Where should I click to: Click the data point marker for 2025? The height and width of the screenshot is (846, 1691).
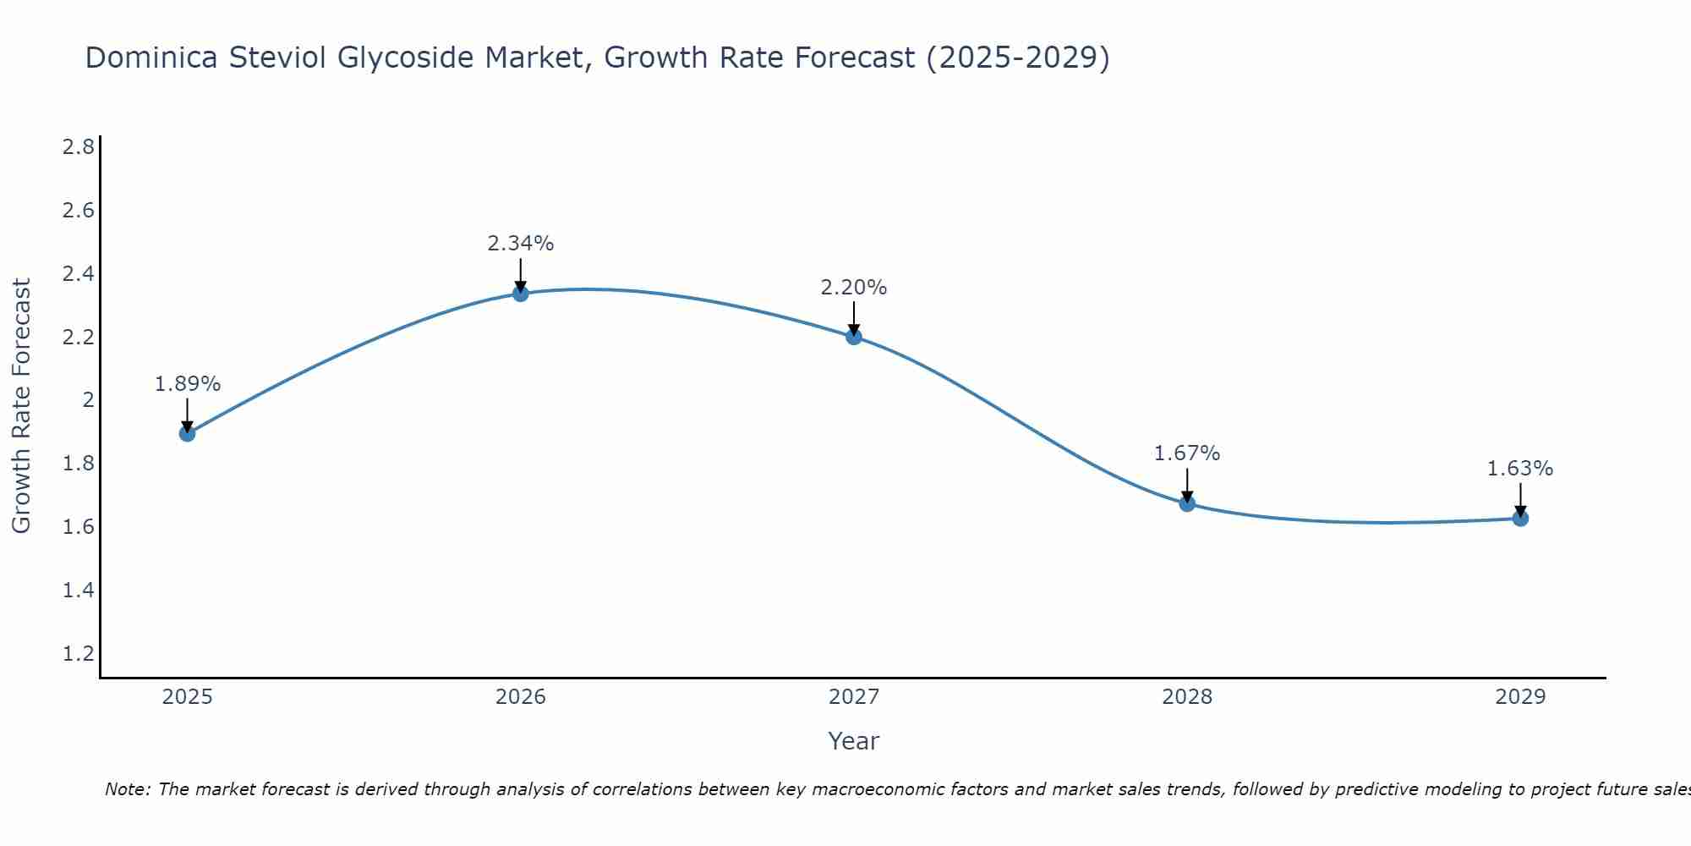[187, 433]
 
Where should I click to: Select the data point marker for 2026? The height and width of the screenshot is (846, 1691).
[521, 294]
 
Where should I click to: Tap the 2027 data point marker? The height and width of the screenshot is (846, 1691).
[854, 337]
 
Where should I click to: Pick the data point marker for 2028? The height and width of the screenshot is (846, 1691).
[1187, 503]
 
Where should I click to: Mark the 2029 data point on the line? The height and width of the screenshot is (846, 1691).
[1520, 518]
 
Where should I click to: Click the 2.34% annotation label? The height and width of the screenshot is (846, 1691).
[521, 244]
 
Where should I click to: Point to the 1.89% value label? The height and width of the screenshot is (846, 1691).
[188, 384]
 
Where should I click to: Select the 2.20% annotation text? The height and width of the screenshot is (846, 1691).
[854, 288]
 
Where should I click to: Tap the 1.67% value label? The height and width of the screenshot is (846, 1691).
[1187, 453]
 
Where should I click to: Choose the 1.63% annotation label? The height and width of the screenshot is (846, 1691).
[1520, 469]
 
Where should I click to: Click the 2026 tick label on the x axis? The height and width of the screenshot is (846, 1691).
[521, 697]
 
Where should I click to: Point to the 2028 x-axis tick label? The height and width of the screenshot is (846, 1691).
[1187, 697]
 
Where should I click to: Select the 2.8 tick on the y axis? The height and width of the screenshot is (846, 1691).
[79, 147]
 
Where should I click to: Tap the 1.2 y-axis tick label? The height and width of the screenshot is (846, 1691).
[79, 653]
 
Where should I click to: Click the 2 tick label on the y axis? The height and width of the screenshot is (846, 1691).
[88, 400]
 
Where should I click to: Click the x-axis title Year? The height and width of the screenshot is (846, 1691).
[854, 741]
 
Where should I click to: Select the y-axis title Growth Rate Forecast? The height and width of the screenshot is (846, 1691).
[22, 406]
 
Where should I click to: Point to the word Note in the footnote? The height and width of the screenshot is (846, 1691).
[127, 789]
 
